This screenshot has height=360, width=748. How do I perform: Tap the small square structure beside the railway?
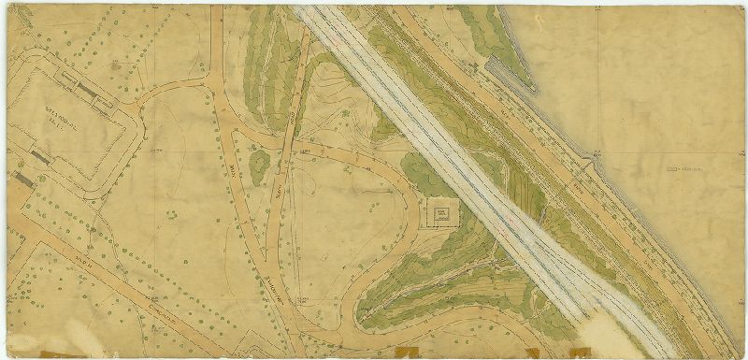pos(440,215)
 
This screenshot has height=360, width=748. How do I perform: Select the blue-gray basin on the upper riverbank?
pos(499,65)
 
